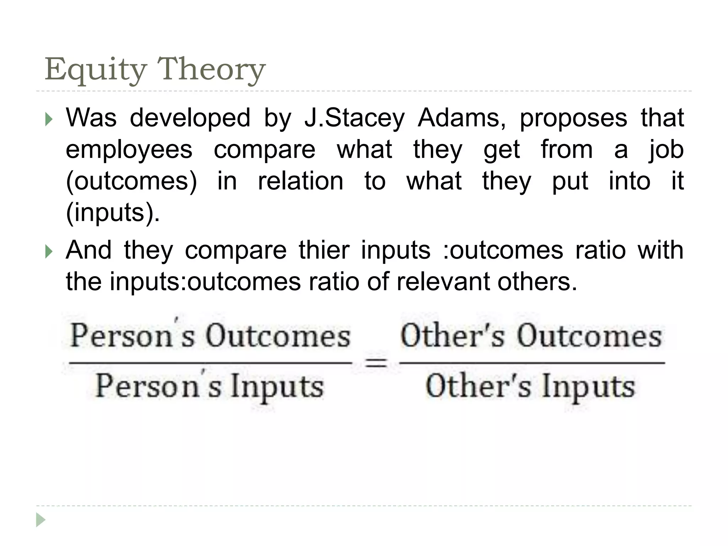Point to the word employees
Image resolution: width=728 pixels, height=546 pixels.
click(x=129, y=150)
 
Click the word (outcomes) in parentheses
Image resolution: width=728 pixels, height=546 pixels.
click(x=131, y=181)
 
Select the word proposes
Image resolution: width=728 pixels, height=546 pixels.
click(x=573, y=118)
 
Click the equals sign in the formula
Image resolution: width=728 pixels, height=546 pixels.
click(x=376, y=363)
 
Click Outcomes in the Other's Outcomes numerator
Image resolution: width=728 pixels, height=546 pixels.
click(x=589, y=336)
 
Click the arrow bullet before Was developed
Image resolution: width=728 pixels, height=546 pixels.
click(x=49, y=120)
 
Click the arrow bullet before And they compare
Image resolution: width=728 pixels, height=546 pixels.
click(x=49, y=252)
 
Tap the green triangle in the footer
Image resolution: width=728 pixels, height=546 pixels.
click(x=41, y=520)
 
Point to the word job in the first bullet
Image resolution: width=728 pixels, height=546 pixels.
click(x=665, y=150)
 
